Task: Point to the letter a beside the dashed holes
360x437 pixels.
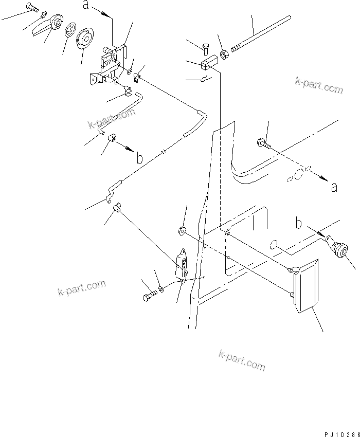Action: pyautogui.click(x=334, y=187)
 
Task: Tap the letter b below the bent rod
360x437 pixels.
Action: pyautogui.click(x=139, y=157)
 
